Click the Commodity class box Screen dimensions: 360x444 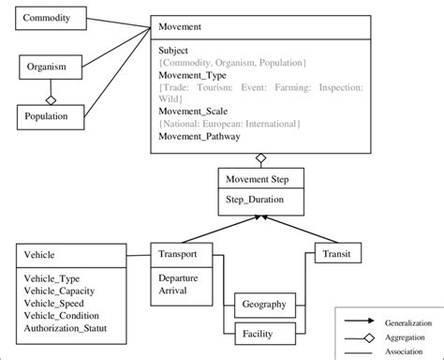click(x=52, y=19)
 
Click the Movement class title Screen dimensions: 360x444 click(x=182, y=27)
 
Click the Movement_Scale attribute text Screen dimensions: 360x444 click(x=193, y=109)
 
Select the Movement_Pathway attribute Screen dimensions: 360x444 click(x=199, y=137)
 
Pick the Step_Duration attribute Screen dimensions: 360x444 click(x=256, y=200)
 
